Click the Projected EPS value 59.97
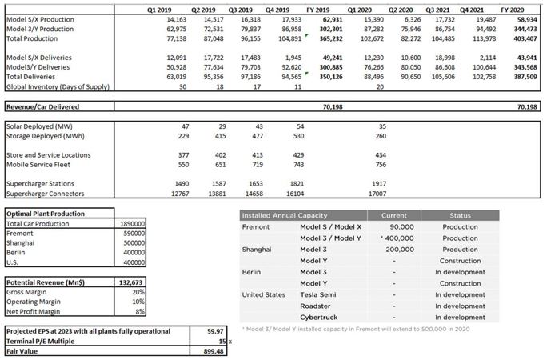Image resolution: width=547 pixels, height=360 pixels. coord(212,330)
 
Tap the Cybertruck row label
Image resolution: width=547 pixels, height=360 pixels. coord(319,317)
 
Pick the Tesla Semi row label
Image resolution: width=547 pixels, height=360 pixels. coord(318,294)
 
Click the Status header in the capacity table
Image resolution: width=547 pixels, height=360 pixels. coord(459,215)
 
